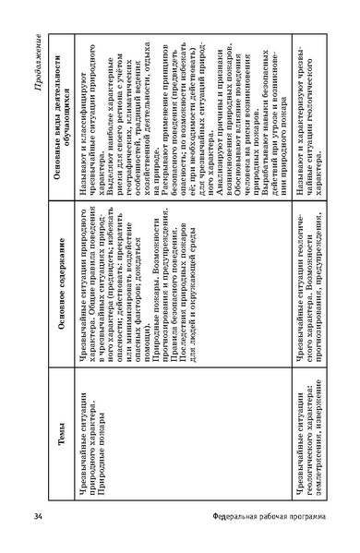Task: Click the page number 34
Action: coord(37,513)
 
